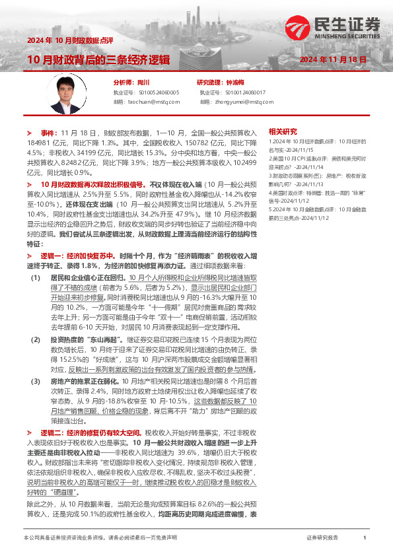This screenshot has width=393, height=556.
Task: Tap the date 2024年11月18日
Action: click(x=334, y=59)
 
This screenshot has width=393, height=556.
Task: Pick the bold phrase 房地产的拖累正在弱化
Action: click(x=83, y=382)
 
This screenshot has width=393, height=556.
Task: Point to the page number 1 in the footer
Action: click(x=365, y=538)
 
